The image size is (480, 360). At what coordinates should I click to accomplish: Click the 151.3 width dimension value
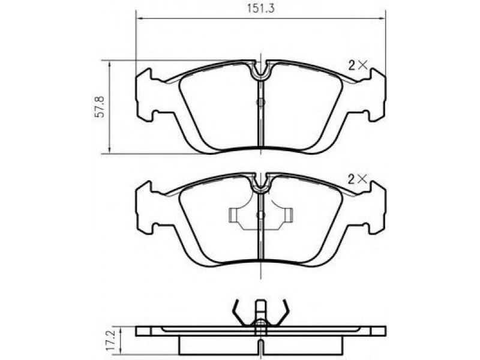pos(261,8)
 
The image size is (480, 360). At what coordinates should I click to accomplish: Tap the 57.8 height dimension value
pos(100,107)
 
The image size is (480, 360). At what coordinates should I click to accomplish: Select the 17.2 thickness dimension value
pos(110,340)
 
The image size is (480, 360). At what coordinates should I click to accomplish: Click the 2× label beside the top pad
pos(358,65)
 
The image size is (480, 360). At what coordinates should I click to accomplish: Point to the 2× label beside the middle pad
pos(358,179)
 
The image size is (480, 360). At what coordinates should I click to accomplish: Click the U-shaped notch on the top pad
pos(260,70)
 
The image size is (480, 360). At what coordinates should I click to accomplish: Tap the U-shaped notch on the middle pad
pos(260,183)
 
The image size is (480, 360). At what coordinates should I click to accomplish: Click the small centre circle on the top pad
pos(260,103)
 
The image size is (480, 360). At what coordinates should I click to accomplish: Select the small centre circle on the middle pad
pos(260,215)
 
